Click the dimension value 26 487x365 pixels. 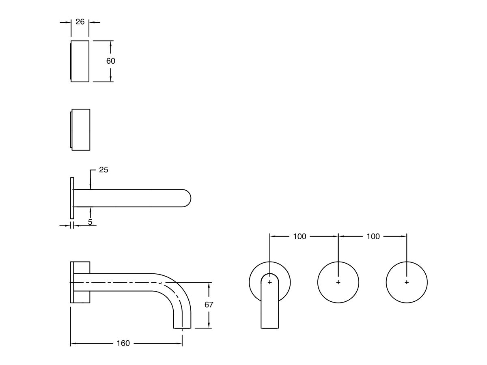tap(80, 22)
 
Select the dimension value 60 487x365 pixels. tap(110, 61)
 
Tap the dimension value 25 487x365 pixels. tap(103, 170)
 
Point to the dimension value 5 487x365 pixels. tap(90, 222)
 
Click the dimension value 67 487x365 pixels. tap(209, 305)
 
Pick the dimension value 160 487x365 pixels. tap(123, 343)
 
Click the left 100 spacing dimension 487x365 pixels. tap(300, 236)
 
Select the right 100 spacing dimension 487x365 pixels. tap(373, 236)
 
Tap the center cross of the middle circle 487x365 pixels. tap(338, 282)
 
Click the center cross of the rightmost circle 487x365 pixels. tap(407, 282)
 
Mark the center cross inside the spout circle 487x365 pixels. tap(270, 282)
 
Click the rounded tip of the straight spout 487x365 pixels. tap(190, 198)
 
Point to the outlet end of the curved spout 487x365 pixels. tap(182, 328)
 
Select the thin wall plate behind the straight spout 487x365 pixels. tap(72, 198)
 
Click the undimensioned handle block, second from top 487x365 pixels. tap(80, 130)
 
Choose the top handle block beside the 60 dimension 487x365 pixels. tap(80, 61)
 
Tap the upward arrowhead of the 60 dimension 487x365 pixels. tap(110, 44)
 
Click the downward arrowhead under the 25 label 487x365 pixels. tap(91, 187)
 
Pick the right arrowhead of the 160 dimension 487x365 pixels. tap(179, 344)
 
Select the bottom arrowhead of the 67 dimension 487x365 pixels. tap(209, 325)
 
